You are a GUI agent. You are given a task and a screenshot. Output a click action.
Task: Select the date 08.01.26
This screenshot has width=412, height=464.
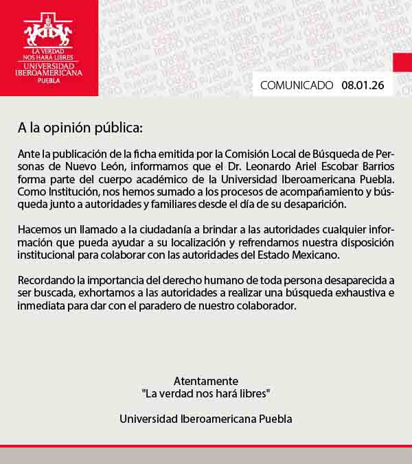point(363,86)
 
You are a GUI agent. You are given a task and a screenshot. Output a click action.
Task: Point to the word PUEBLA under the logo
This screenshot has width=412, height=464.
point(49,80)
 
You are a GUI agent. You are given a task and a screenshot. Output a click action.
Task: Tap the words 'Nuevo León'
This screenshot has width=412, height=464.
point(89,167)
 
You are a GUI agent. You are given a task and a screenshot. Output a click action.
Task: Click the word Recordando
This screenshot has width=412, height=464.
point(45,280)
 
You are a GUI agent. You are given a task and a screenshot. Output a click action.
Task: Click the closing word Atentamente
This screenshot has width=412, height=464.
point(206,381)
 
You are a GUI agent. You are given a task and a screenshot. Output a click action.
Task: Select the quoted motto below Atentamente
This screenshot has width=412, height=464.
point(206,393)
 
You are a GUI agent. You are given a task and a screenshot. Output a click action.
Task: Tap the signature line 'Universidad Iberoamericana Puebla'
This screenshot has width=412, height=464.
point(206,419)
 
